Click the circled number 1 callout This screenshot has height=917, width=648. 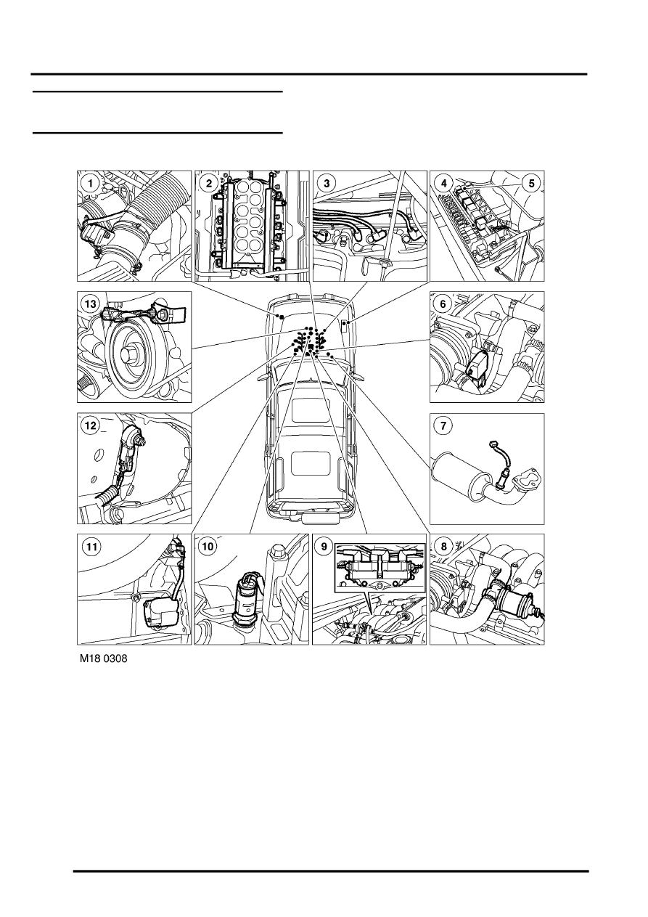point(90,183)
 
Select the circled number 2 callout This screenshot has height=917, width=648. point(208,183)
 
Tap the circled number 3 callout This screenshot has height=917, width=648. point(327,183)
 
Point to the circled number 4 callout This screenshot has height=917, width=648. point(443,183)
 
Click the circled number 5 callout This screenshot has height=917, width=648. point(532,183)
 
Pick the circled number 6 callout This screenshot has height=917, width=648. point(443,303)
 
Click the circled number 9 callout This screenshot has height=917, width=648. point(327,546)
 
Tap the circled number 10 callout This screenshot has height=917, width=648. point(208,546)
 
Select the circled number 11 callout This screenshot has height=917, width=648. point(90,546)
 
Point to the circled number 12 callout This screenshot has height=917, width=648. point(90,426)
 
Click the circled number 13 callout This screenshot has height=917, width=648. point(90,304)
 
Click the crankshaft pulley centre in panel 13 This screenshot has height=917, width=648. point(132,358)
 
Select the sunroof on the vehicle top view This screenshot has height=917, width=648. point(308,460)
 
